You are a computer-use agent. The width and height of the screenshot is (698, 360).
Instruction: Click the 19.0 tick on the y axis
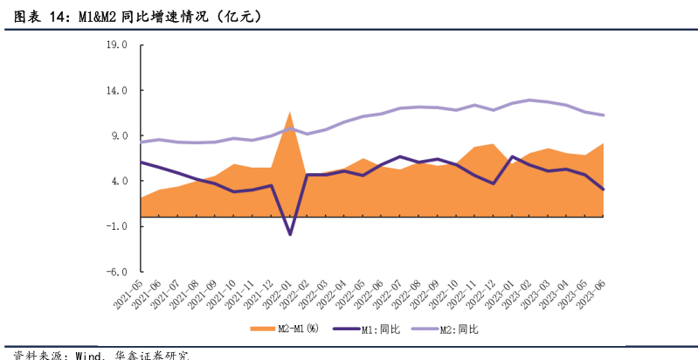click(x=115, y=45)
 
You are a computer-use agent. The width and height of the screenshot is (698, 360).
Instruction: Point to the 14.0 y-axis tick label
click(x=115, y=91)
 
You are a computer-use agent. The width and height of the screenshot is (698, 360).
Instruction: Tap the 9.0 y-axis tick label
click(x=118, y=136)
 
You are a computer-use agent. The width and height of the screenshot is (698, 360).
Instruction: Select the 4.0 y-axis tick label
click(x=118, y=181)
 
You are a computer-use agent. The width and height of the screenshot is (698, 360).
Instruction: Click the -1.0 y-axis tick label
click(x=116, y=226)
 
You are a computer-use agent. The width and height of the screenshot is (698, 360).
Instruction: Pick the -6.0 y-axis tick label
click(x=116, y=272)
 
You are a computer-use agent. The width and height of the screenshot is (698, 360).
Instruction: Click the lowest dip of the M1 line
click(x=290, y=234)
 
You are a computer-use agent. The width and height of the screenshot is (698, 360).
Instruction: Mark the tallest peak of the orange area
click(x=290, y=112)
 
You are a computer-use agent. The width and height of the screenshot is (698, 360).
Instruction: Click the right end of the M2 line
click(x=604, y=115)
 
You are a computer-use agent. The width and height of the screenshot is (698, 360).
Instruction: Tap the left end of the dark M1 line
click(x=141, y=163)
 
